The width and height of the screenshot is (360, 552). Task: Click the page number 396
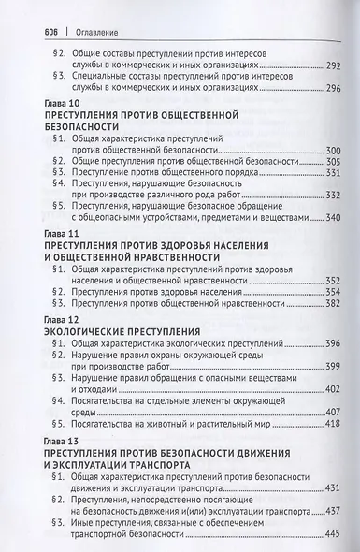click(310, 344)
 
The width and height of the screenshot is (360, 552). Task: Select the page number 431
click(311, 488)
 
